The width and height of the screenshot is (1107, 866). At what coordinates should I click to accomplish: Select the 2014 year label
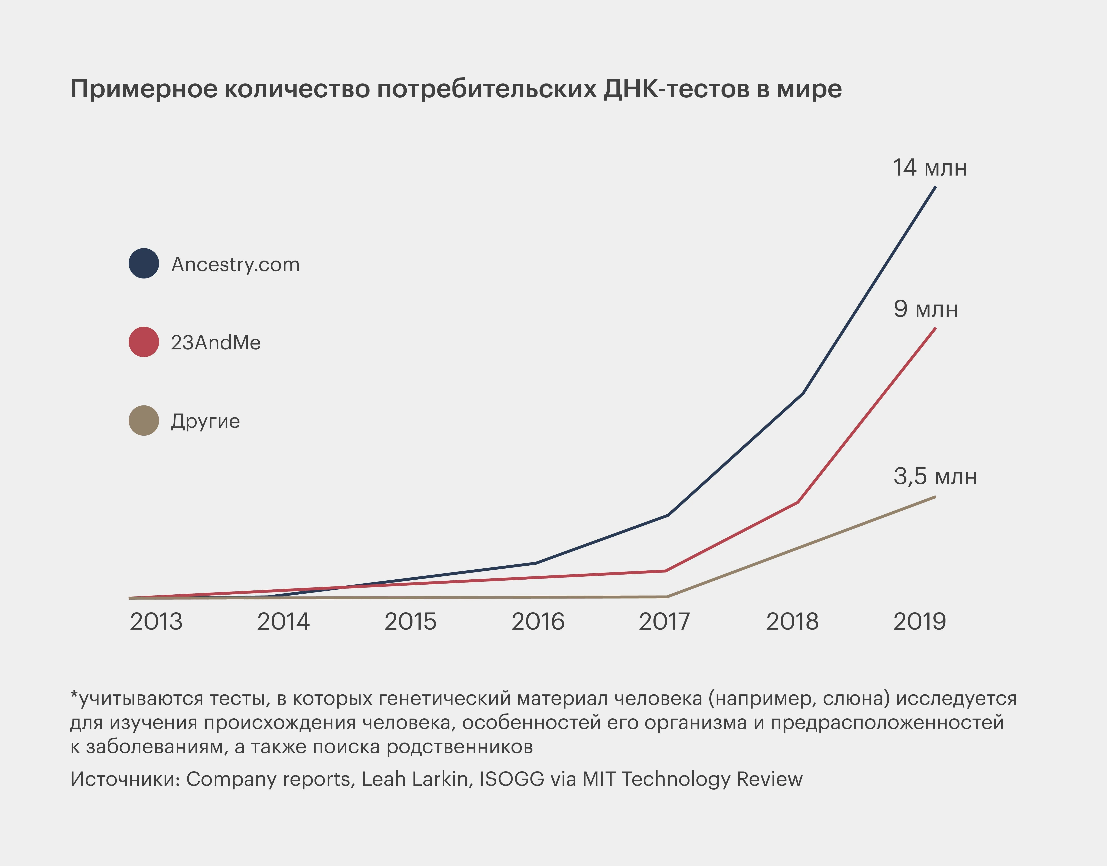[283, 622]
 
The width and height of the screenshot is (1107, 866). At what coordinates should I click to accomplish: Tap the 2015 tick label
[410, 622]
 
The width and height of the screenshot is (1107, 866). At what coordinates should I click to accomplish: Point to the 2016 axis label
[538, 622]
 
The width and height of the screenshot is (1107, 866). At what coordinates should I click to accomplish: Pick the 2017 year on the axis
[664, 622]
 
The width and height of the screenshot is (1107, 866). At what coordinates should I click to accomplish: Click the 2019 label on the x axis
[919, 622]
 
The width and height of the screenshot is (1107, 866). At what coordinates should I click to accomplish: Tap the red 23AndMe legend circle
[144, 342]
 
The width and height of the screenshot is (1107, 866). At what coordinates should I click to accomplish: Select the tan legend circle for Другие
[144, 420]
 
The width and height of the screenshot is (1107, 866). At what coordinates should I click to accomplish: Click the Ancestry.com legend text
[235, 264]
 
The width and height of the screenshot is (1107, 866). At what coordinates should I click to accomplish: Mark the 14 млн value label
[929, 168]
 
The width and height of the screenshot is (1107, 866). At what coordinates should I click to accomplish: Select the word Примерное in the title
[144, 89]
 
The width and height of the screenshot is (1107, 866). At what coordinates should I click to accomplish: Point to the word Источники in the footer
[125, 779]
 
